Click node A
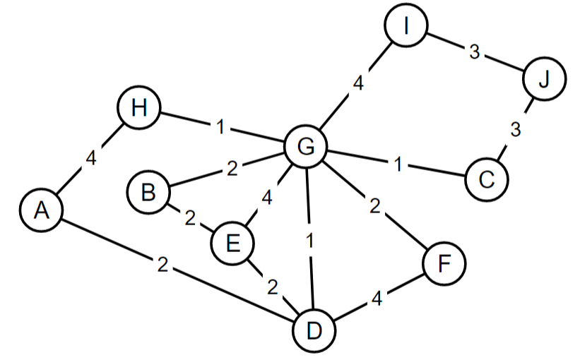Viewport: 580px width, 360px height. pyautogui.click(x=41, y=210)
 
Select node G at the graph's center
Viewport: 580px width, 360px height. pyautogui.click(x=306, y=146)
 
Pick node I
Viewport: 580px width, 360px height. pyautogui.click(x=406, y=26)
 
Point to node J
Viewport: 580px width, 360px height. pyautogui.click(x=543, y=79)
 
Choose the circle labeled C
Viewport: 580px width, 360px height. pyautogui.click(x=486, y=179)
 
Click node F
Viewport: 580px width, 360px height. pyautogui.click(x=444, y=264)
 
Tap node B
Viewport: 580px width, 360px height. pyautogui.click(x=148, y=191)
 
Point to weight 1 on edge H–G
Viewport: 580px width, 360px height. pyautogui.click(x=221, y=128)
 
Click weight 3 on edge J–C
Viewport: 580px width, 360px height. pyautogui.click(x=516, y=130)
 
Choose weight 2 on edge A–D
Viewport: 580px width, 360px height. pyautogui.click(x=162, y=265)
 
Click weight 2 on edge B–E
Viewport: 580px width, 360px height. pyautogui.click(x=189, y=217)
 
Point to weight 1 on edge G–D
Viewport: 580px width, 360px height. pyautogui.click(x=309, y=239)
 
